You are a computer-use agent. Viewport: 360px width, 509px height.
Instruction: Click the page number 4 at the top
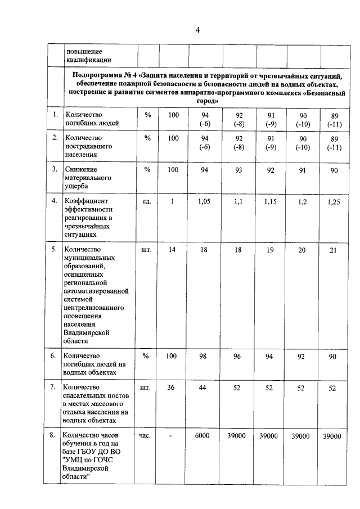point(197,29)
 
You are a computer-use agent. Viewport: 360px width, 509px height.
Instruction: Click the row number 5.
point(53,249)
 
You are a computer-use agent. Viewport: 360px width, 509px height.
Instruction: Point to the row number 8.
point(53,435)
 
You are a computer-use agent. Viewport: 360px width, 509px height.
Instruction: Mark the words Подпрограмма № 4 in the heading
point(105,74)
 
